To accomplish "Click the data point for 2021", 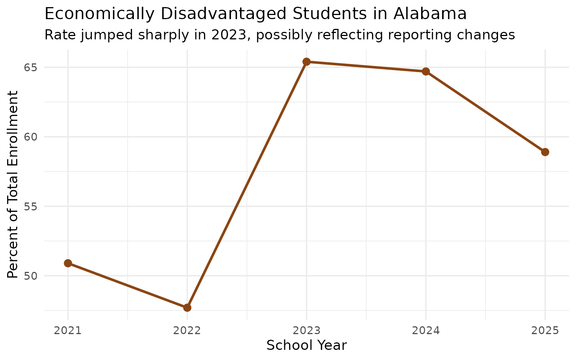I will coord(68,263).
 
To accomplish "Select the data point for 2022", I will coord(187,307).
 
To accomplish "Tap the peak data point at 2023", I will coord(306,61).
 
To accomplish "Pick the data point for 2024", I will coord(426,71).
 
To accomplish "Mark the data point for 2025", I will coord(545,152).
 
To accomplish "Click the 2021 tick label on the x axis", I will coord(68,331).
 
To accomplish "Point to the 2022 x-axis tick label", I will coord(187,331).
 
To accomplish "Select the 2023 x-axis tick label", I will coord(306,331).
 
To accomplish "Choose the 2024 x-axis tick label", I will coord(426,331).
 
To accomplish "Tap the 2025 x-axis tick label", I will coord(545,331).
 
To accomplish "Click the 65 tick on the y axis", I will coord(32,67).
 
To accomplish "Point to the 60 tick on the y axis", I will coord(32,137).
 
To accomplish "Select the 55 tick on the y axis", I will coord(32,206).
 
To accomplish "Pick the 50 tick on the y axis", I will coord(32,276).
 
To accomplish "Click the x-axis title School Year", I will coord(306,345).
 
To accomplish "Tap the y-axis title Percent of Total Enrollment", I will coord(13,184).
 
